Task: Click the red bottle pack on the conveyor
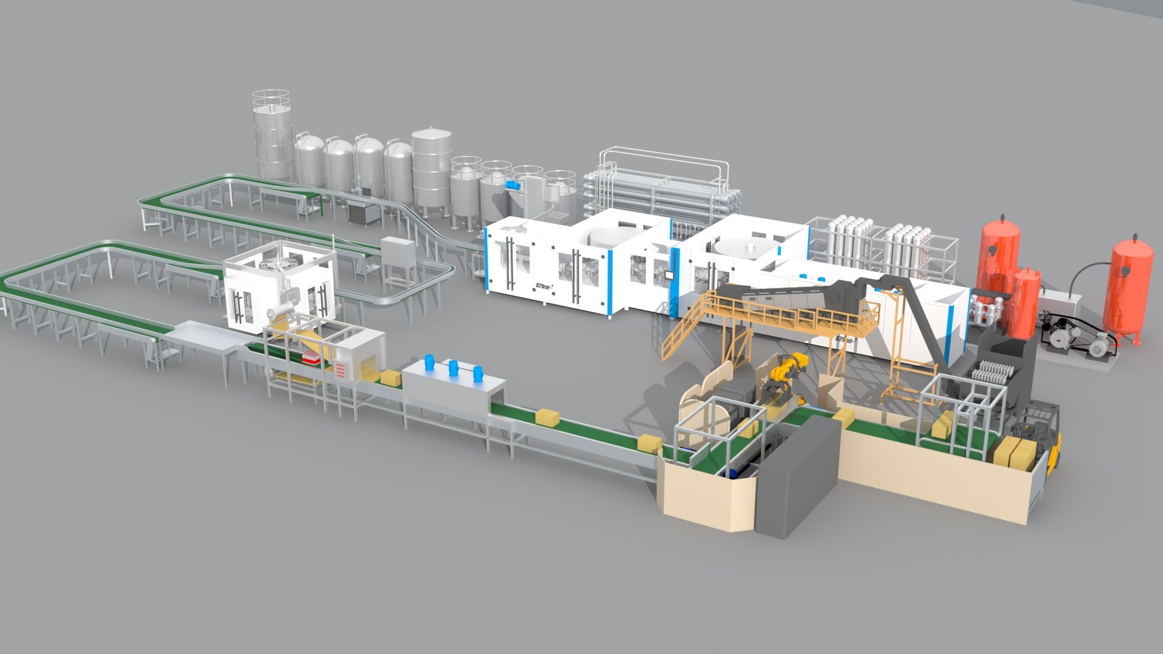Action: [311, 358]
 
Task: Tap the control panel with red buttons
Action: [342, 370]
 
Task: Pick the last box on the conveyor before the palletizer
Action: [649, 444]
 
